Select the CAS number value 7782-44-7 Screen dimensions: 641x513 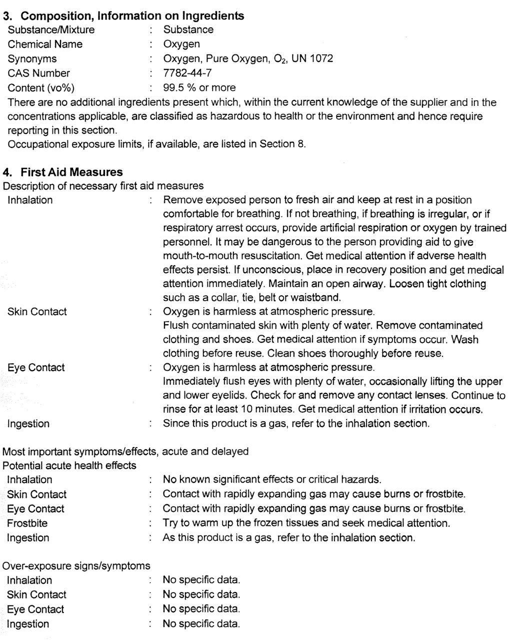click(183, 73)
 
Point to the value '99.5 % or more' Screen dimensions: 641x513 click(199, 88)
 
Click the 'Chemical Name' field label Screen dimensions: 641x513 click(45, 44)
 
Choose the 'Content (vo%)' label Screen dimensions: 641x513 click(41, 88)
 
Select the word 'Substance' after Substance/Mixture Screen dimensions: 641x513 click(188, 30)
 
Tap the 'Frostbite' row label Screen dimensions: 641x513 click(27, 524)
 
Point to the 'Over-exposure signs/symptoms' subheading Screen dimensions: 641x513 click(76, 566)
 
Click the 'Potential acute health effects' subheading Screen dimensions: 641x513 click(69, 466)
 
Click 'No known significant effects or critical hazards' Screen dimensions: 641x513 click(272, 480)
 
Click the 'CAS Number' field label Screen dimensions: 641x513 click(39, 73)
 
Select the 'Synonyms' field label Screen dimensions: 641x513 click(32, 59)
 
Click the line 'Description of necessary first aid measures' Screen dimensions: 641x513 click(103, 186)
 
